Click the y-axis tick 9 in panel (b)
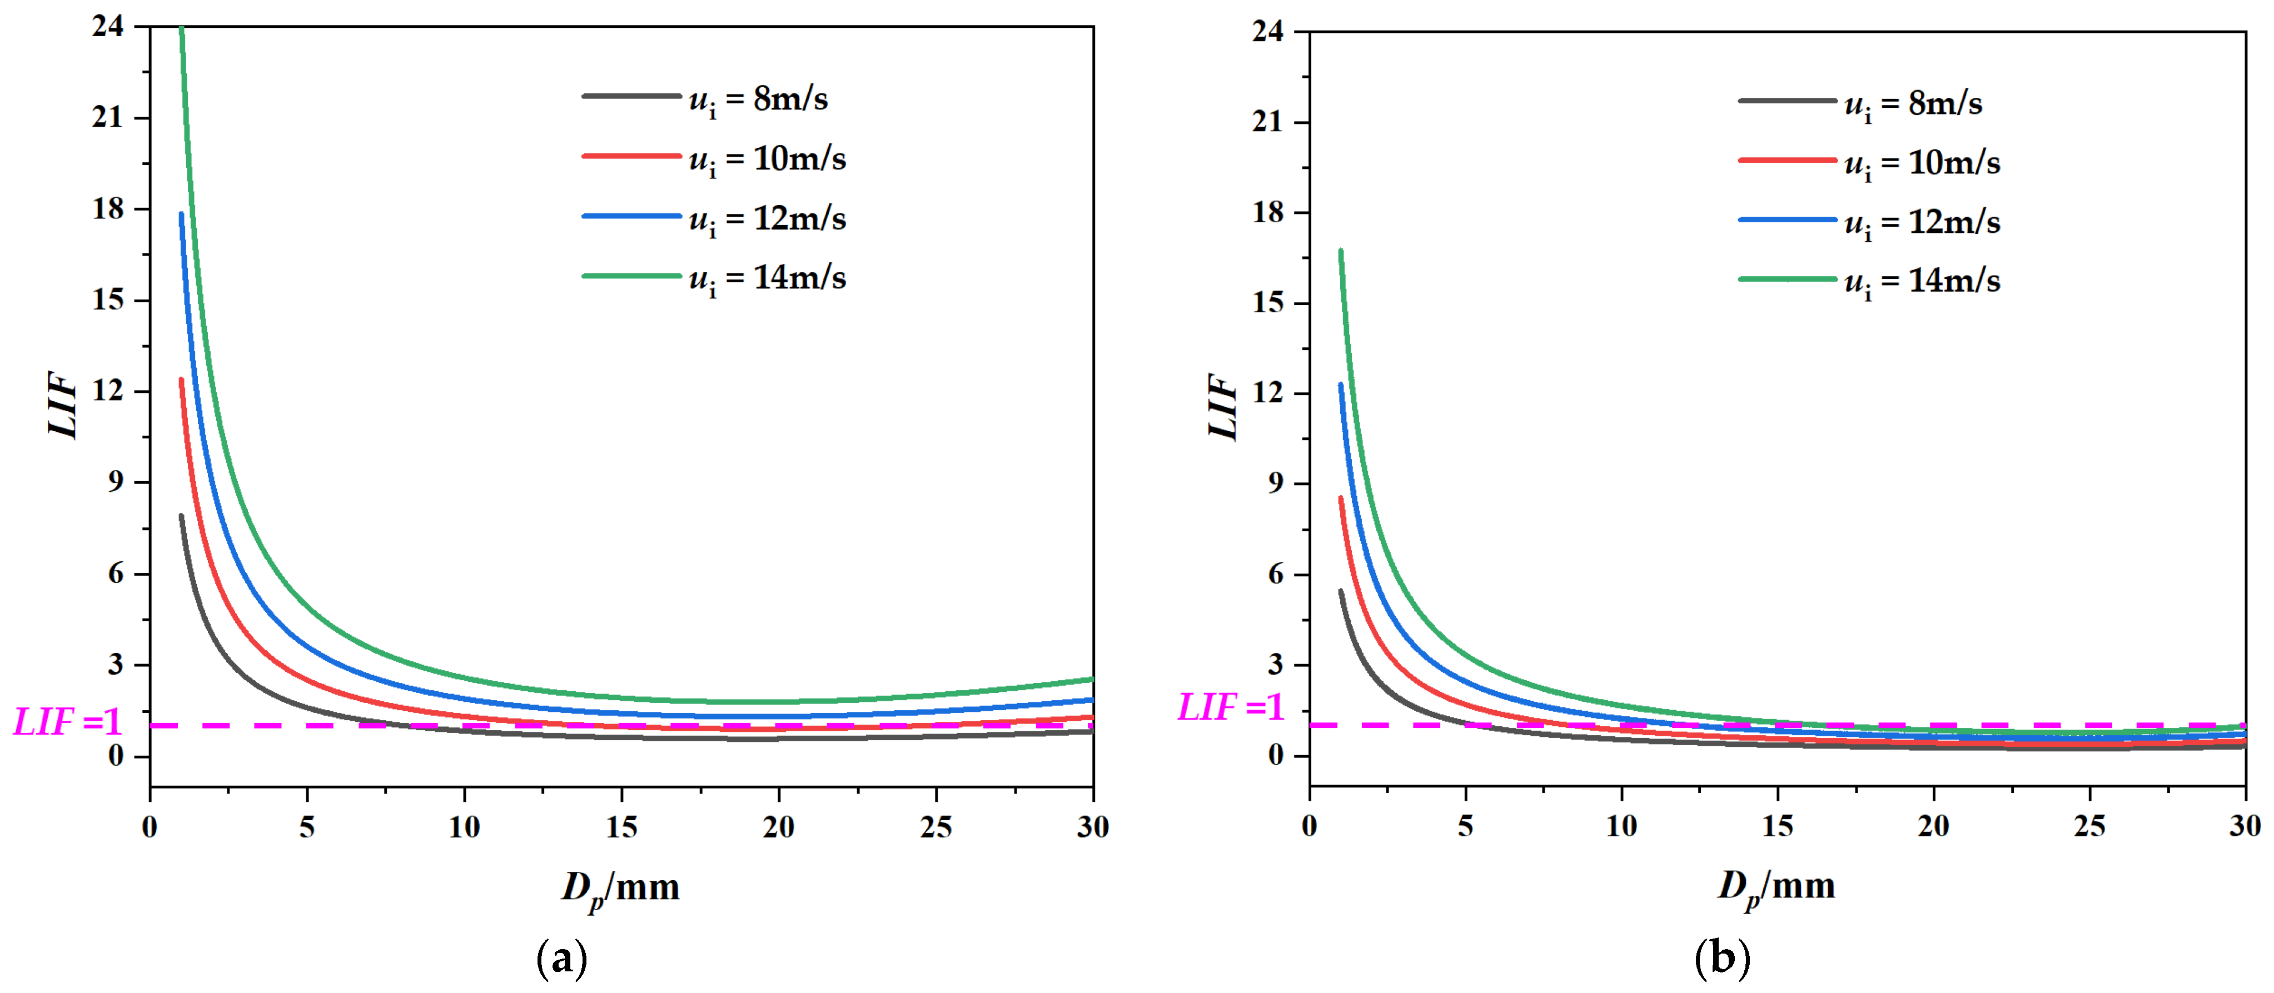point(1276,483)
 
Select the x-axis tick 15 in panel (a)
point(621,827)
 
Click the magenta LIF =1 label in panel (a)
point(67,722)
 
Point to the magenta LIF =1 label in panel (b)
point(1231,707)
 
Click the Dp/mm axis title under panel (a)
point(620,887)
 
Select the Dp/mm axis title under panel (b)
point(1776,885)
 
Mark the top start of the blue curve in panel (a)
point(182,214)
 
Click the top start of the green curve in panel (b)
point(1340,252)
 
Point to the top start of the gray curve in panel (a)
point(181,516)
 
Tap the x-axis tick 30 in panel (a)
point(1093,827)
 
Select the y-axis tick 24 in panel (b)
point(1268,32)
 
